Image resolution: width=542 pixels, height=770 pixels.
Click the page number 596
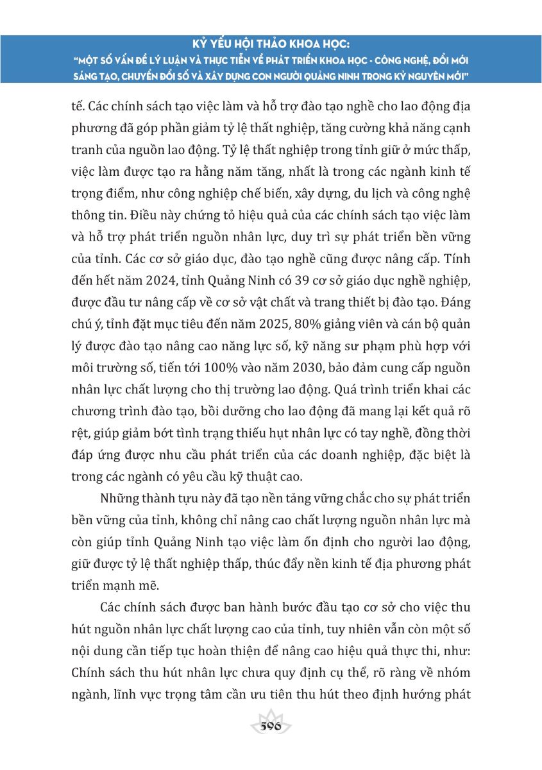point(271,726)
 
